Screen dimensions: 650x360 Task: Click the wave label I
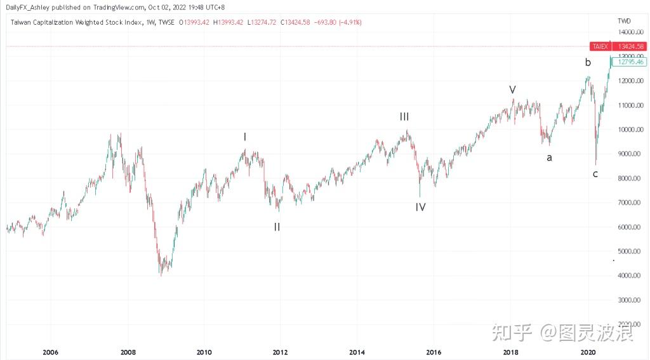245,137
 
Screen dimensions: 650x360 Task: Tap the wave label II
277,227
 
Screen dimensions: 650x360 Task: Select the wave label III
404,117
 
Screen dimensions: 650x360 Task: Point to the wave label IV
420,207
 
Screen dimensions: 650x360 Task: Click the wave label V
512,90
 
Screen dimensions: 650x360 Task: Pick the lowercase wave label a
549,157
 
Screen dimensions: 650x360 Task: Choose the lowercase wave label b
588,62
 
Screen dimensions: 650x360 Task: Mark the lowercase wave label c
595,174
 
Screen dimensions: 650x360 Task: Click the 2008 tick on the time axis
128,352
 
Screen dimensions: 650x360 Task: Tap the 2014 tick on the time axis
357,352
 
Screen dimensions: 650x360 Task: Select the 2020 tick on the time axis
587,352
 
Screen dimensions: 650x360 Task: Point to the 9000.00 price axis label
631,154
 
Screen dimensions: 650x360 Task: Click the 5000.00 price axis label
631,251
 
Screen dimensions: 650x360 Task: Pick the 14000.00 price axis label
631,32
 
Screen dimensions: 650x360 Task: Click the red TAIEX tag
600,46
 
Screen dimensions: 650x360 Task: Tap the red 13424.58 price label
630,46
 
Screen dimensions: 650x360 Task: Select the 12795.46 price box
630,62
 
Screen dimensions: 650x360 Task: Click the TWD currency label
624,21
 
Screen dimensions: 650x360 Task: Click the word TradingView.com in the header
119,7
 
